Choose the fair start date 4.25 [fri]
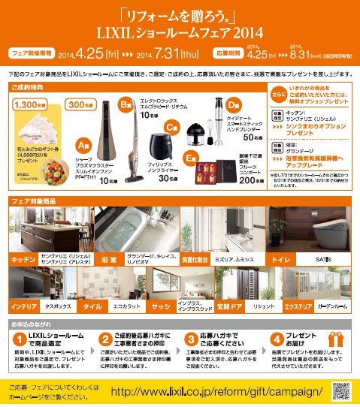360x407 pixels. pos(101,54)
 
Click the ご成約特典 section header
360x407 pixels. pos(29,87)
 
